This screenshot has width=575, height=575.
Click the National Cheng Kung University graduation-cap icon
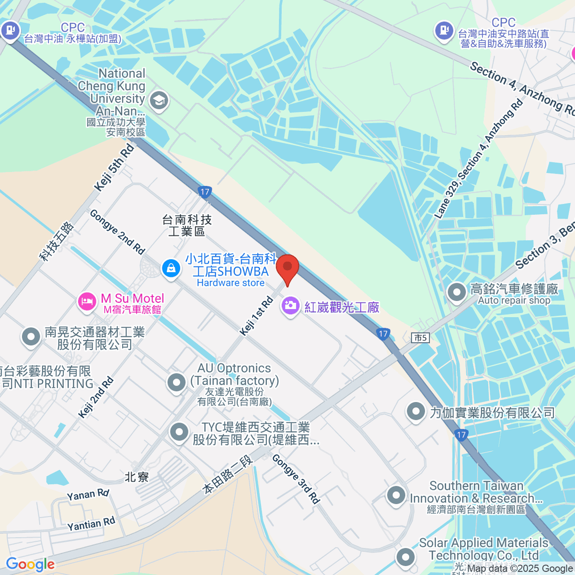click(158, 101)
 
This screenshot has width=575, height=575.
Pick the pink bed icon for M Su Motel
click(87, 302)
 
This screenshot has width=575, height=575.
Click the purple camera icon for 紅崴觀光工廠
click(290, 305)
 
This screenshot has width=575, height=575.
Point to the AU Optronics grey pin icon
click(176, 382)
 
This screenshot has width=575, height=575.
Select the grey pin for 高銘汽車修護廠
click(456, 292)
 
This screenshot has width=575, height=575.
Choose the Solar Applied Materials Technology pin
click(405, 556)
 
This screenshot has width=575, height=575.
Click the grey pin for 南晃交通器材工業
click(31, 336)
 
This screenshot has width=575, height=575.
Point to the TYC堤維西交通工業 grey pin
click(179, 432)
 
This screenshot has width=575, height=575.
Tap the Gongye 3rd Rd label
click(296, 479)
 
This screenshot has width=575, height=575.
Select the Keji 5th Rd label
click(115, 167)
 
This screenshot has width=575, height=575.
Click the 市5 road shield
click(420, 338)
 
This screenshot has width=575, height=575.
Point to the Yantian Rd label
click(91, 524)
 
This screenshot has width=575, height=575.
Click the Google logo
click(30, 564)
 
